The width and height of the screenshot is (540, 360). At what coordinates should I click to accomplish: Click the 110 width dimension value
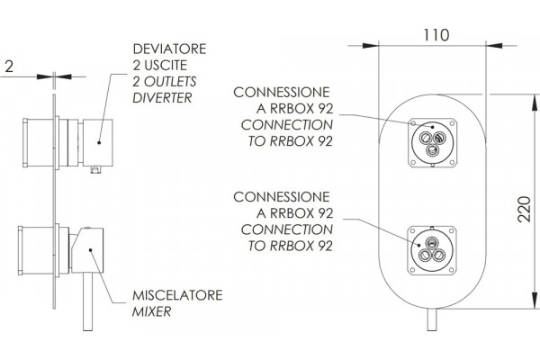(x=436, y=35)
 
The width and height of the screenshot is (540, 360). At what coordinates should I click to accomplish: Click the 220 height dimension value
(x=525, y=209)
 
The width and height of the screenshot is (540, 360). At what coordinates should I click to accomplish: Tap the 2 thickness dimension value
(x=9, y=66)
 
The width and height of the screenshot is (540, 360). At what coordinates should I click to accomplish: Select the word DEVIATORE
(x=169, y=49)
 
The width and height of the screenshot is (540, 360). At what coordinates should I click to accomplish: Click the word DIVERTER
(x=162, y=98)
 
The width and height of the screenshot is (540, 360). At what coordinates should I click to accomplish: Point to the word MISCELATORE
(x=177, y=295)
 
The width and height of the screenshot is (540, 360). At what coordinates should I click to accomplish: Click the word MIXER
(x=151, y=311)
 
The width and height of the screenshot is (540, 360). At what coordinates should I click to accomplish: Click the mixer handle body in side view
(x=87, y=250)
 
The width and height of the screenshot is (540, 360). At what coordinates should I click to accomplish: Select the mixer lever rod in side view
(x=88, y=301)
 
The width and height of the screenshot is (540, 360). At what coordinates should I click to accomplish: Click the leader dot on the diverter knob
(x=99, y=142)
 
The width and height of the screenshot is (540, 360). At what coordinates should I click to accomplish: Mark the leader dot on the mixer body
(x=90, y=250)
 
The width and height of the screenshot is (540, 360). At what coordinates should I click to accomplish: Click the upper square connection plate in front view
(x=433, y=142)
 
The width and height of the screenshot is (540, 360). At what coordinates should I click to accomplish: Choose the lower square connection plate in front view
(x=433, y=251)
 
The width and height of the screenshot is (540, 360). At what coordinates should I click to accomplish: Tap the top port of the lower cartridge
(x=431, y=243)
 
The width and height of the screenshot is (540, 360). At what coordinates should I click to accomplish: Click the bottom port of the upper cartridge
(x=432, y=150)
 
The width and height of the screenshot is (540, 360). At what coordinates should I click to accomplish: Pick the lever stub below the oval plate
(x=432, y=319)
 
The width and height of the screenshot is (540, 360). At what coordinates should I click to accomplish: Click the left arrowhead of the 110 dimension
(x=371, y=45)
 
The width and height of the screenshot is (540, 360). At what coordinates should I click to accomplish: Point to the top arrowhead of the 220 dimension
(x=535, y=103)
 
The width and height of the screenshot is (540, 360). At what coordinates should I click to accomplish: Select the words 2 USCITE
(x=160, y=65)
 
